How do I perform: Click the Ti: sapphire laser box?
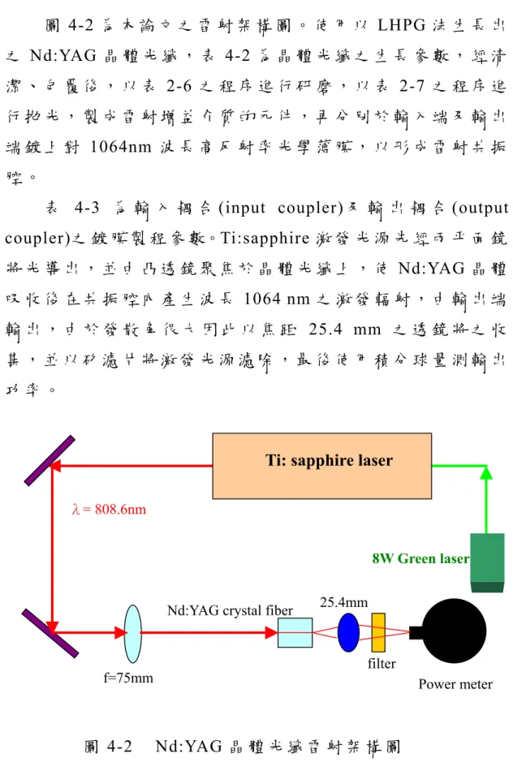coord(322,466)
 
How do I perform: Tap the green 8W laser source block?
coord(487,563)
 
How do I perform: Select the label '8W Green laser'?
coord(420,558)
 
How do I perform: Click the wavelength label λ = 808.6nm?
coord(110,510)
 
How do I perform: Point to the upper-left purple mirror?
coord(50,460)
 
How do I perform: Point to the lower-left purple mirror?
coord(50,633)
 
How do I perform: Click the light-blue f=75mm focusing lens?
coord(132,634)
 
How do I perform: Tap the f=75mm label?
coord(128,678)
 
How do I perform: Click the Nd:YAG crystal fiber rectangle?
coord(295,633)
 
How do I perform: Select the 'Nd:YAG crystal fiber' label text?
coord(230,610)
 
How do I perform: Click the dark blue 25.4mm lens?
coord(348,632)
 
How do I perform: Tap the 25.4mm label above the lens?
coord(344,602)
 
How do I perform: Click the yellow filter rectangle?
coord(378,632)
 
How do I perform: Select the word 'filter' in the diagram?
coord(382,664)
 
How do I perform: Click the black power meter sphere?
coord(454,631)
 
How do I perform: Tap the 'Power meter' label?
coord(455,684)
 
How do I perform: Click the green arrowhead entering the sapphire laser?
coord(486,472)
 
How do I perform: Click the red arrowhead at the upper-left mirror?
coord(55,466)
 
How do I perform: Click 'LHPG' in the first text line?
coord(401,25)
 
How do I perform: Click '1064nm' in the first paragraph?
coord(120,147)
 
